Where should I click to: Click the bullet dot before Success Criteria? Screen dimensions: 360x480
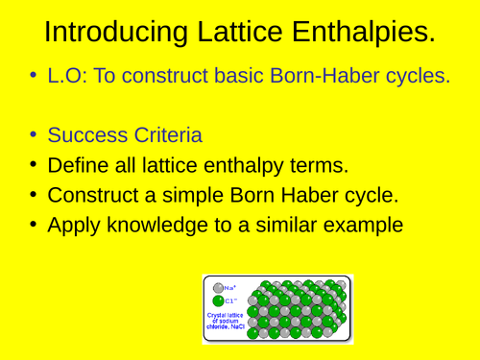point(34,134)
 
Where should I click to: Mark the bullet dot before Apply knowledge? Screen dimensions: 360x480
point(34,227)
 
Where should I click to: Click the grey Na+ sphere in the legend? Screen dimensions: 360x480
point(218,287)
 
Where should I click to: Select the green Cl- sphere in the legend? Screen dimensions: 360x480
point(218,300)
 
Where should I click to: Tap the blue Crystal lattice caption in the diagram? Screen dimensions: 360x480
point(225,321)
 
